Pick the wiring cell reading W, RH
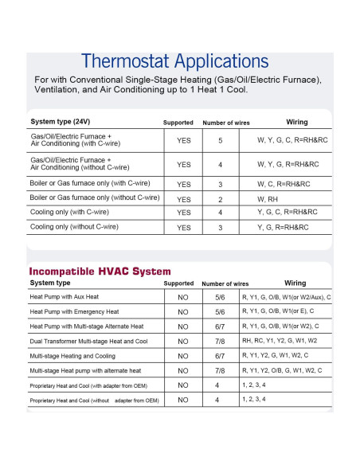(267, 198)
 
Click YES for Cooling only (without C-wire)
(183, 228)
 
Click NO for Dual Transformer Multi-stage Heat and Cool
(183, 341)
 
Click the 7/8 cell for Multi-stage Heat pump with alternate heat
(220, 371)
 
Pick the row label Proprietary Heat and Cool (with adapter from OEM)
(95, 385)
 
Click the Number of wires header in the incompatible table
(225, 283)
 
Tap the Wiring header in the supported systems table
(296, 122)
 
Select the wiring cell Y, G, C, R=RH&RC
(287, 213)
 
